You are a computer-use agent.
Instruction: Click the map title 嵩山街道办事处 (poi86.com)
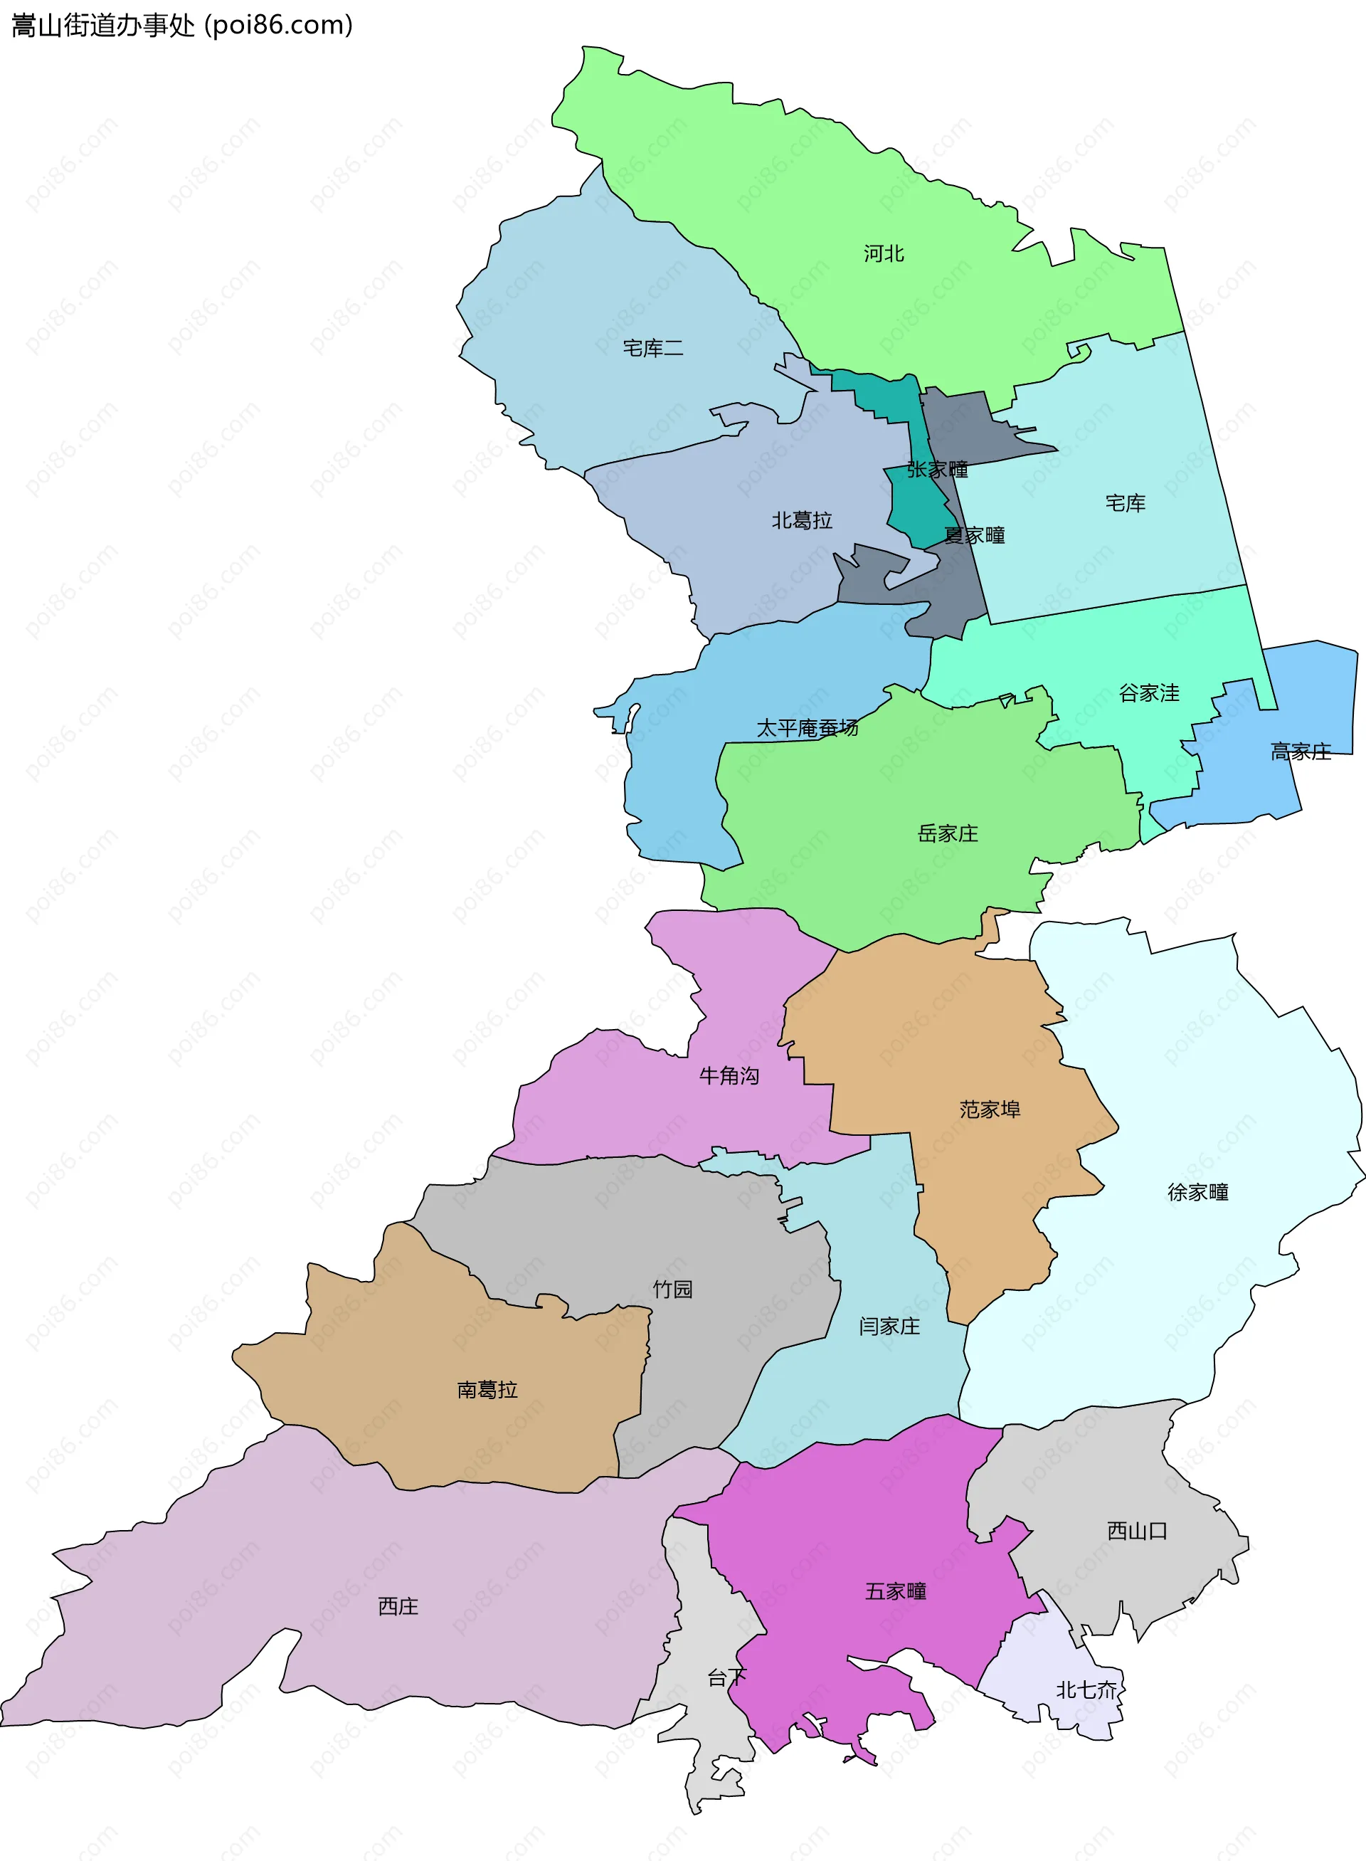[x=182, y=26]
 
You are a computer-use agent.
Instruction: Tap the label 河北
[x=883, y=254]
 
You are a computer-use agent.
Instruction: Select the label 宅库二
[x=652, y=348]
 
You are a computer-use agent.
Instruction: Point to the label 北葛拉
[x=801, y=520]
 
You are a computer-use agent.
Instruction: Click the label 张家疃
[x=937, y=470]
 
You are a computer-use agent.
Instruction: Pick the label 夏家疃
[x=974, y=536]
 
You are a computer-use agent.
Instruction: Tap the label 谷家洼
[x=1148, y=693]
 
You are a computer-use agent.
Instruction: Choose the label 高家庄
[x=1300, y=752]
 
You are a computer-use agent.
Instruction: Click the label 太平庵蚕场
[x=807, y=728]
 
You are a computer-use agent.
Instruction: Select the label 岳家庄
[x=948, y=834]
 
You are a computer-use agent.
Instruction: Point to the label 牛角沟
[x=729, y=1076]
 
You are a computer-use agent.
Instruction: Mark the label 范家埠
[x=990, y=1110]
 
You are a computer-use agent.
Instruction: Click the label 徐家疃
[x=1197, y=1193]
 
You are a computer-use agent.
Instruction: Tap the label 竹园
[x=672, y=1290]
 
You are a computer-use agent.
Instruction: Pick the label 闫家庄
[x=889, y=1327]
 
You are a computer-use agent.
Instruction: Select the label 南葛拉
[x=487, y=1391]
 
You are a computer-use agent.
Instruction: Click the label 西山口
[x=1137, y=1531]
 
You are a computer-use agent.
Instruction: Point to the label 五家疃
[x=896, y=1591]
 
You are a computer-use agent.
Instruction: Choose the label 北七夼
[x=1086, y=1689]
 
